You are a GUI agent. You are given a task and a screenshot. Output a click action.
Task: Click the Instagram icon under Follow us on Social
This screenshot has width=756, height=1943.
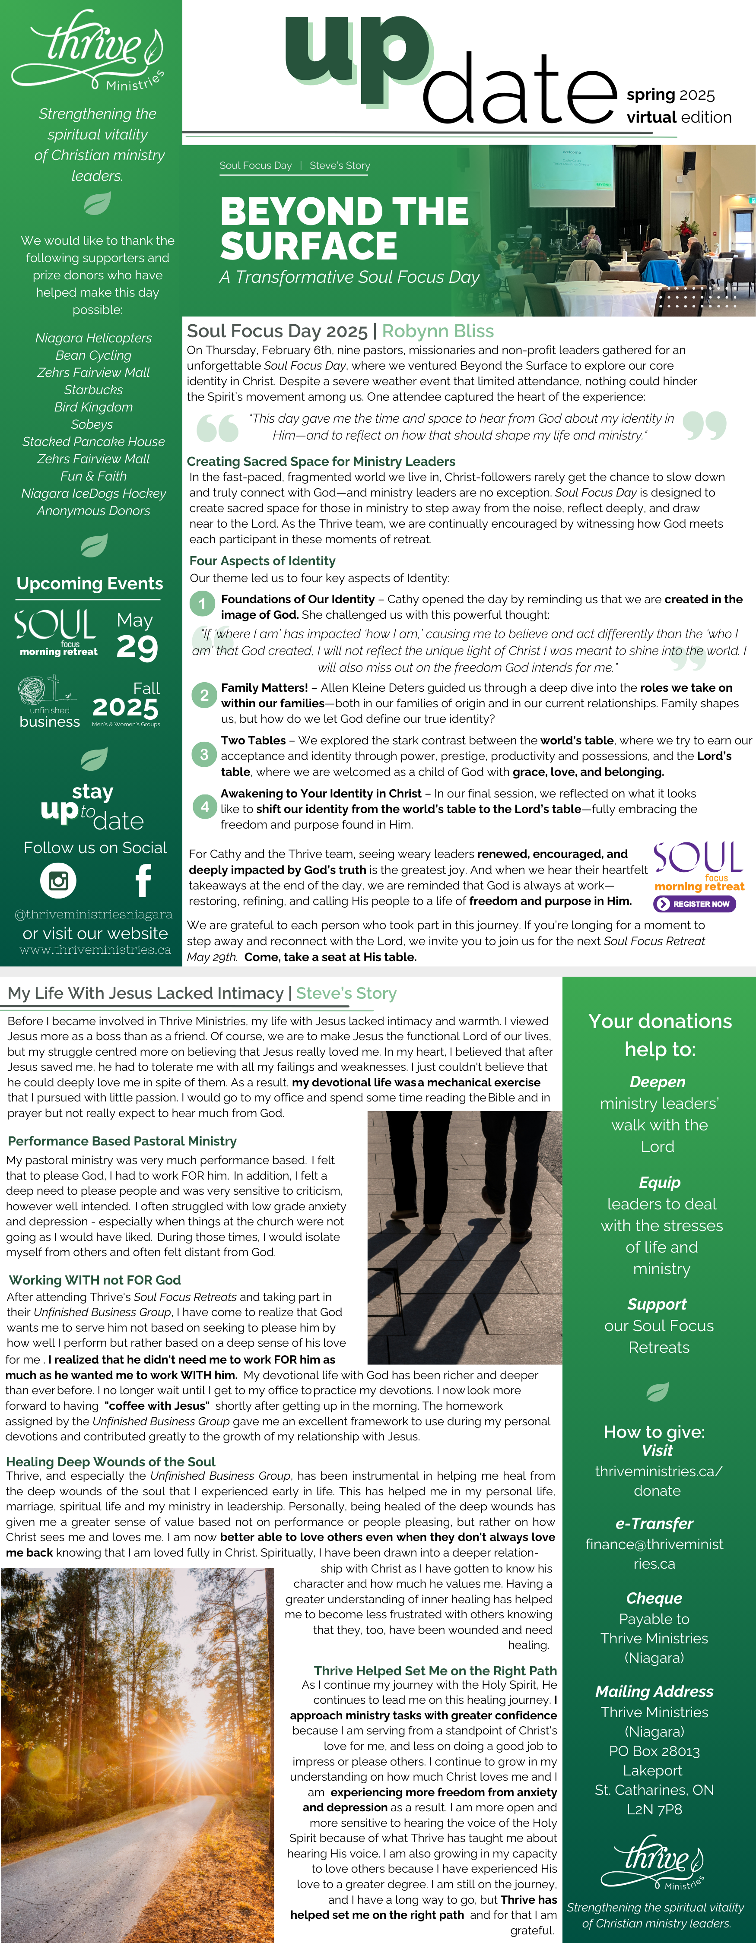(x=58, y=880)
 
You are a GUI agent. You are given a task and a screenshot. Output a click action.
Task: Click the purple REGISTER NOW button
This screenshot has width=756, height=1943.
(x=695, y=904)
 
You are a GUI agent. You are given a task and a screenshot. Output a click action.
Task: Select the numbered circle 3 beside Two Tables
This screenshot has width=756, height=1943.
(x=204, y=754)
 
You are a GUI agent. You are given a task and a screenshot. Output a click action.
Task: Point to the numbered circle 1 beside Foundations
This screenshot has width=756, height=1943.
(x=202, y=604)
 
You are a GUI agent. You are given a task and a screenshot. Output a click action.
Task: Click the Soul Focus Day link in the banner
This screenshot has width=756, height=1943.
(x=255, y=166)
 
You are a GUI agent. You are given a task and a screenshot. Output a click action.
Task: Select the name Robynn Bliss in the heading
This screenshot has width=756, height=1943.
(x=438, y=331)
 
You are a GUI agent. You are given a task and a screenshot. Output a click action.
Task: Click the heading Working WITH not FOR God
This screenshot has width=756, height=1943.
(x=95, y=1280)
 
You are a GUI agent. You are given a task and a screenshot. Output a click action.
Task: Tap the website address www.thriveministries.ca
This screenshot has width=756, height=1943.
(x=95, y=949)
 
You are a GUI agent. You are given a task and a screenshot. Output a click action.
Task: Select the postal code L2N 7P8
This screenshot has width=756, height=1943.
(x=654, y=1810)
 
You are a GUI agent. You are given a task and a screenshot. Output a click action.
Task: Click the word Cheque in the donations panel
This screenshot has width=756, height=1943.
(x=654, y=1598)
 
